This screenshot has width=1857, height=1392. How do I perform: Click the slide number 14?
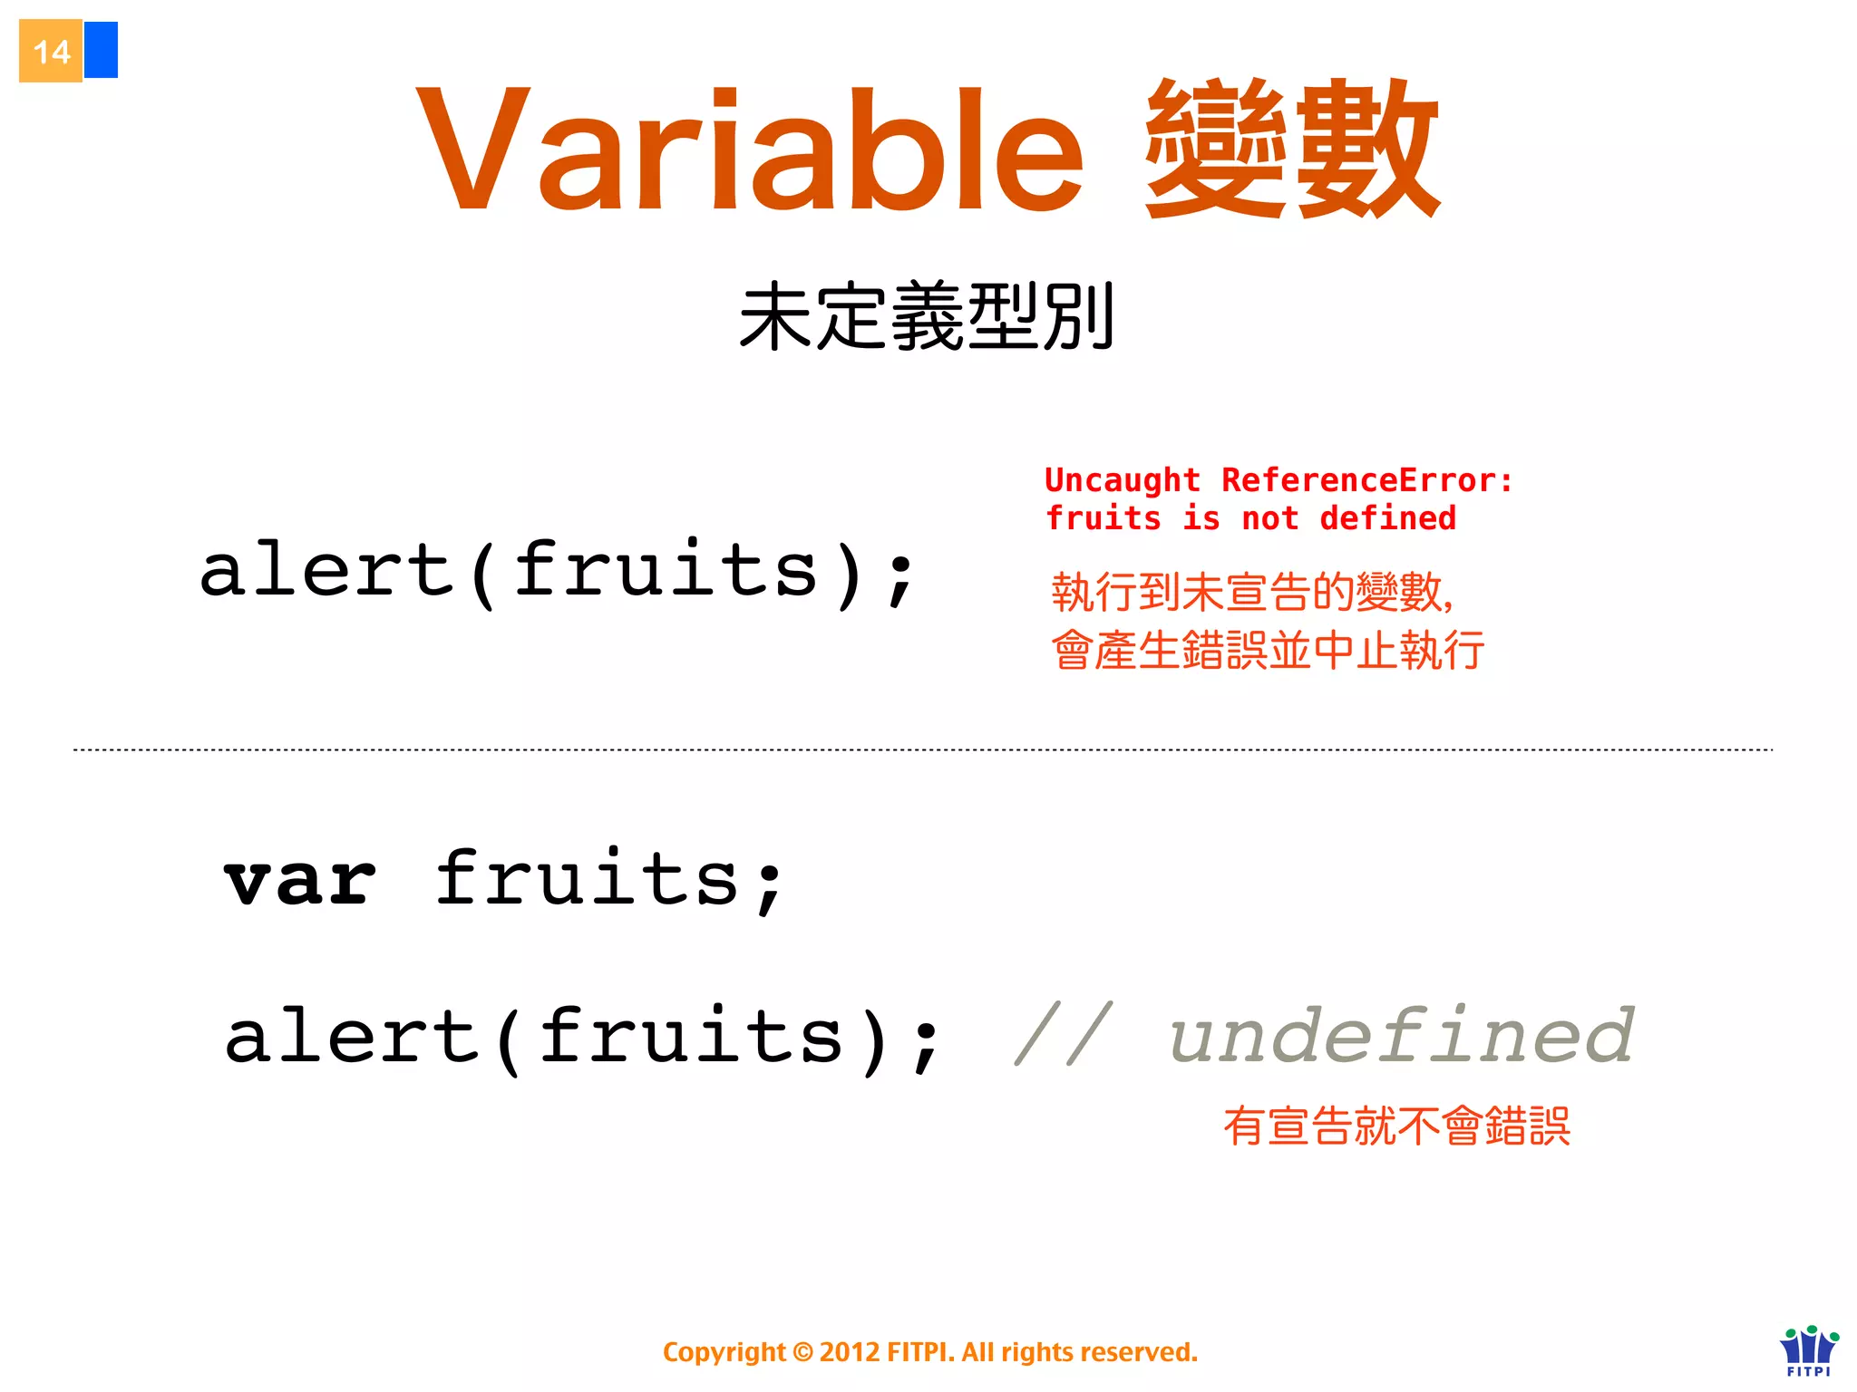point(51,52)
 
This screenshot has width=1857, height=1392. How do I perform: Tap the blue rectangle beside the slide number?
point(101,50)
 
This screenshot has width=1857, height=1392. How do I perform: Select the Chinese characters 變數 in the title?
point(1291,150)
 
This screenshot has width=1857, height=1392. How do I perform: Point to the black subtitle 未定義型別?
point(927,316)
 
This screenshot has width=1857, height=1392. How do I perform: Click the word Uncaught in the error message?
point(1122,480)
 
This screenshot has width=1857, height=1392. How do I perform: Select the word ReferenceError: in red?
point(1366,480)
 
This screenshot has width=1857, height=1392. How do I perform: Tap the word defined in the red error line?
point(1387,518)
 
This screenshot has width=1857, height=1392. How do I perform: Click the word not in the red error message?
point(1269,518)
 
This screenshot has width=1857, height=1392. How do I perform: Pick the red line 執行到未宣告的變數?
point(1251,593)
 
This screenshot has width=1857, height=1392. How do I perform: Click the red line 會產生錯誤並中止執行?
point(1268,651)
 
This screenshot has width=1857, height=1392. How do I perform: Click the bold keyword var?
point(300,881)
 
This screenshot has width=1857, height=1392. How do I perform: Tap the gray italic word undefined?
point(1402,1035)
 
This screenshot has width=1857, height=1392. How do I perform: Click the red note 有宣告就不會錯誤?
point(1396,1126)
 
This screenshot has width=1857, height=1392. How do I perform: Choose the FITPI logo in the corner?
point(1809,1350)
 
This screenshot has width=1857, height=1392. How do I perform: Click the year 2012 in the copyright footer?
point(849,1352)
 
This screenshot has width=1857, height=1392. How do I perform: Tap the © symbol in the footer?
point(802,1352)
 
